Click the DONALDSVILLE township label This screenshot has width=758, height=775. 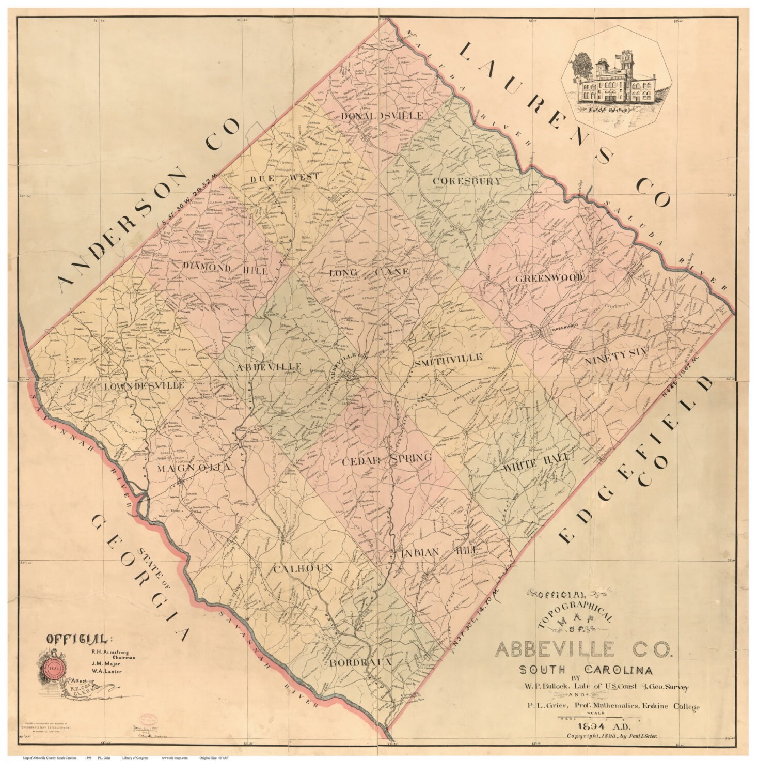tap(382, 115)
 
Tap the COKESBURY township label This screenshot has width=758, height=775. tap(467, 181)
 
